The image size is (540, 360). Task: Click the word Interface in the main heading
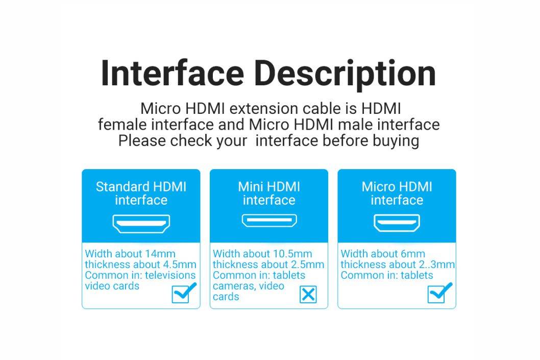point(173,74)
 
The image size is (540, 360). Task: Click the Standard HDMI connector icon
point(141,224)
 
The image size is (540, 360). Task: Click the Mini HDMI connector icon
point(269,221)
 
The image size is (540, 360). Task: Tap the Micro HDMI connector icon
point(397,223)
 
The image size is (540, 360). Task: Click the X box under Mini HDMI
point(308,295)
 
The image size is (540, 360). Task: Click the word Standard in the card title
point(122,187)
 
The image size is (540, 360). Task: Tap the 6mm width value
point(412,254)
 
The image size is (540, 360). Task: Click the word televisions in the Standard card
point(170,275)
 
